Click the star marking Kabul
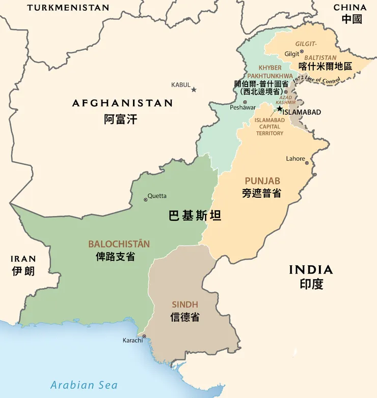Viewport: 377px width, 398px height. tap(194, 89)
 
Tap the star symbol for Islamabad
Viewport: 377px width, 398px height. tap(279, 108)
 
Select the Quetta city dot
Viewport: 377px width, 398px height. tap(146, 200)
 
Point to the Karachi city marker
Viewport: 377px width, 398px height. tap(144, 336)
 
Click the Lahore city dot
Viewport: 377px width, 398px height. tap(307, 163)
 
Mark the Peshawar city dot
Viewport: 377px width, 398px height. tap(245, 102)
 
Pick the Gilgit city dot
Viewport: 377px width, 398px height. tap(302, 51)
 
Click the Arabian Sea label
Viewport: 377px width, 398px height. tap(84, 385)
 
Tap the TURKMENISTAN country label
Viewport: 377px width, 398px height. tap(68, 8)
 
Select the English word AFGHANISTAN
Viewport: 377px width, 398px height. tap(122, 103)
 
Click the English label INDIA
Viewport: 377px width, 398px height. tap(311, 270)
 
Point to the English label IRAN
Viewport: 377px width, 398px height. tap(24, 258)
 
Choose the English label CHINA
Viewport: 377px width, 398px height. tap(350, 8)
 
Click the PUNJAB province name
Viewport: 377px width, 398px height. tap(262, 181)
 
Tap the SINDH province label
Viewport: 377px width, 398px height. tap(185, 304)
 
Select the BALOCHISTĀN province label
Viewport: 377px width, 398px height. tap(119, 244)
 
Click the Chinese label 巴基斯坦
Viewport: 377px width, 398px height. tap(195, 216)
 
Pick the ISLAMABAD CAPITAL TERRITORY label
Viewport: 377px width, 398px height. tap(270, 127)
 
